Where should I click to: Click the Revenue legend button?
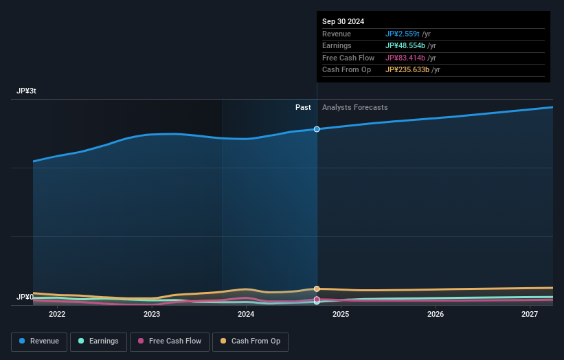click(x=39, y=341)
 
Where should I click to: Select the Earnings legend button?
click(x=98, y=341)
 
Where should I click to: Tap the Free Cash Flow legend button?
click(x=169, y=341)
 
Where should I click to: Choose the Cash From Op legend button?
click(x=250, y=341)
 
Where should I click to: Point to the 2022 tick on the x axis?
click(x=57, y=315)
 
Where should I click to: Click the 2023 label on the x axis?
click(x=152, y=315)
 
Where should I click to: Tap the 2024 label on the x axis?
click(x=246, y=315)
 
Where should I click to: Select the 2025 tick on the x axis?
click(x=341, y=315)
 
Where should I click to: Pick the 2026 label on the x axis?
click(x=435, y=315)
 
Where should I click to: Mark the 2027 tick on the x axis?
click(x=530, y=315)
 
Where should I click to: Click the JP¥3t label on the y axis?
click(x=27, y=91)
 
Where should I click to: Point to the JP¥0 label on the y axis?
click(x=25, y=297)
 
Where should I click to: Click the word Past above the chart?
click(x=303, y=107)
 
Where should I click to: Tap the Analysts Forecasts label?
click(x=354, y=107)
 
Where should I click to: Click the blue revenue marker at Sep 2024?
click(x=317, y=129)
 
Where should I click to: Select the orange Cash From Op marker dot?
click(x=317, y=289)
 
